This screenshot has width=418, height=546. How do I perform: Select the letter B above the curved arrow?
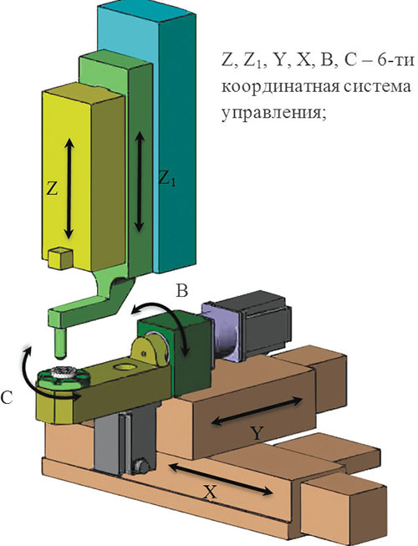[182, 290]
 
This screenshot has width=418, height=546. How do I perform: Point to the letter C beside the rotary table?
[7, 397]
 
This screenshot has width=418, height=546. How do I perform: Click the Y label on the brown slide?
[257, 433]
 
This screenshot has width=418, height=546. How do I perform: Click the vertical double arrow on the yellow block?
[69, 188]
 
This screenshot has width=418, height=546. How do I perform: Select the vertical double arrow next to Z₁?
[140, 181]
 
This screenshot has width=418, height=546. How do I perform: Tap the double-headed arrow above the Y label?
[257, 411]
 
